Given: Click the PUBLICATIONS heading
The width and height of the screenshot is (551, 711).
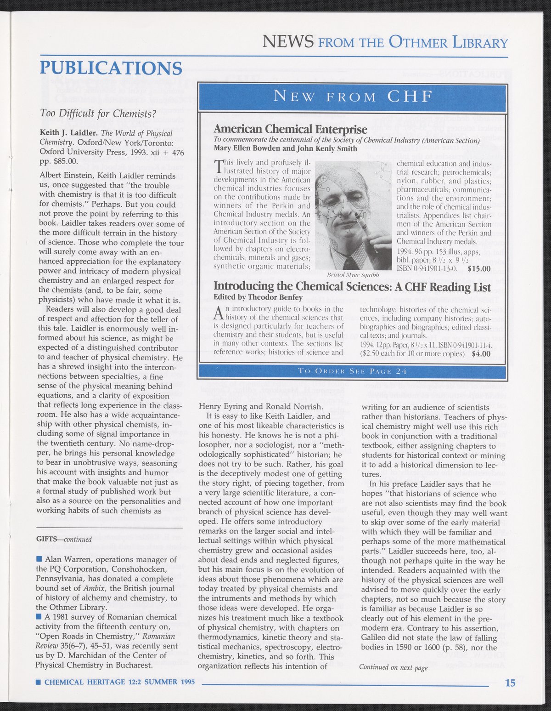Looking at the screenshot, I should tap(111, 68).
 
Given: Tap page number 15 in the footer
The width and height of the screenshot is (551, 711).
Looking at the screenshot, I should tap(510, 683).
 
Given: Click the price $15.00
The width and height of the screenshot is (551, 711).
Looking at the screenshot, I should tap(479, 269).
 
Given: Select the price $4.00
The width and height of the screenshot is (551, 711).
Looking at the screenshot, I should tap(479, 354).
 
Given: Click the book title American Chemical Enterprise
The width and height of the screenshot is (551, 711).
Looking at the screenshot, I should tap(291, 129).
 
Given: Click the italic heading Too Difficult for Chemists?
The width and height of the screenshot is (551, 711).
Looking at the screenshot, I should tap(98, 113).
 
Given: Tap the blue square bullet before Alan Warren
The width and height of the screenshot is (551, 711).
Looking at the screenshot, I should tap(39, 559).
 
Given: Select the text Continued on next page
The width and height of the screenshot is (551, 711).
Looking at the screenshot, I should tap(393, 667).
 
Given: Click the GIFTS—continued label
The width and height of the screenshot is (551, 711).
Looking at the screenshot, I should tap(64, 539).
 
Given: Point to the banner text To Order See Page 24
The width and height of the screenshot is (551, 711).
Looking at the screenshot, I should tap(352, 371).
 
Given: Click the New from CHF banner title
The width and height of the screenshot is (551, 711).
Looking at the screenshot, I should tap(352, 97).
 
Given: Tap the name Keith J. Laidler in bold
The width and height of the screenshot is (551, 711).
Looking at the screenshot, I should tap(64, 133).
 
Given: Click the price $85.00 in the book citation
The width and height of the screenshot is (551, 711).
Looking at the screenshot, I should tap(68, 162).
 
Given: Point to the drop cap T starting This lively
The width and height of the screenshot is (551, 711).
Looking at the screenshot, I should tap(219, 166).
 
